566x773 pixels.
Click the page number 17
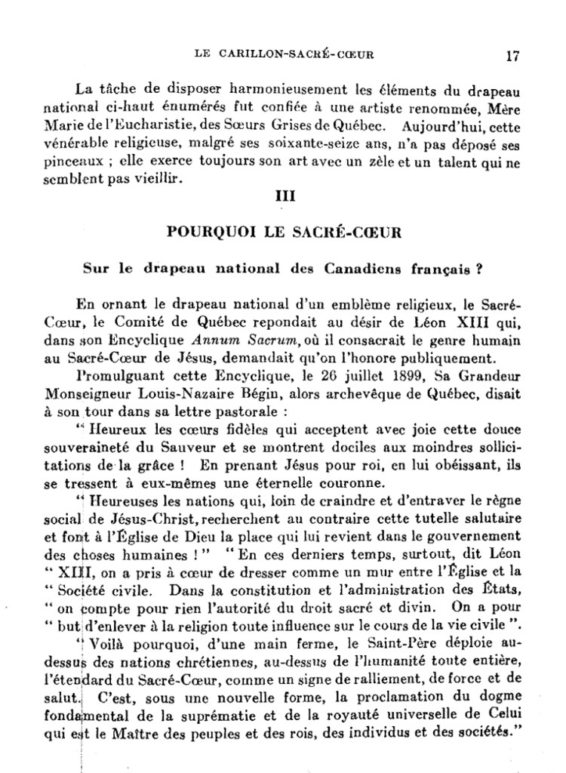coord(512,55)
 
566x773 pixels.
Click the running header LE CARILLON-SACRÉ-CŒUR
coord(285,54)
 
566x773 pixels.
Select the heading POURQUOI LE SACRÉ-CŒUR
coord(284,233)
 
